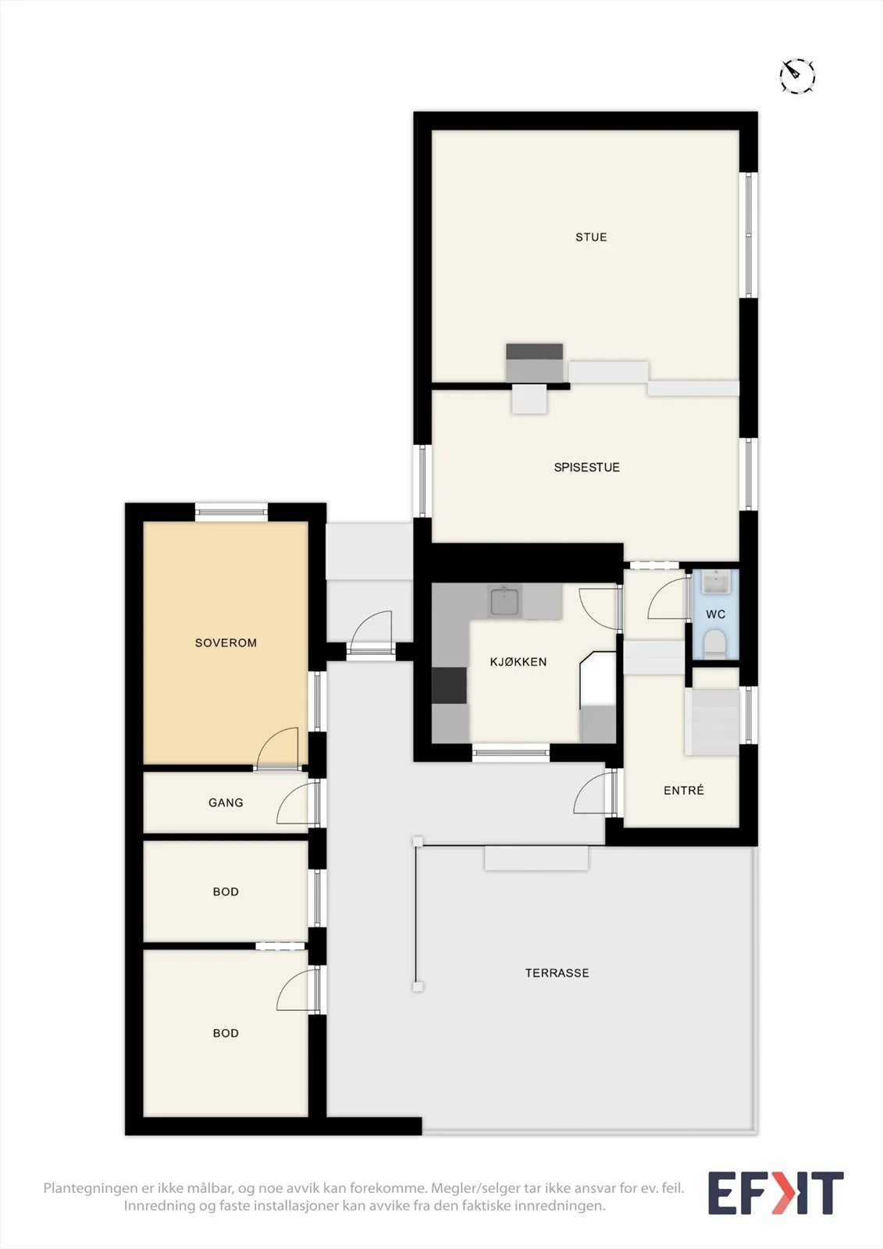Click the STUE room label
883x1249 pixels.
point(591,237)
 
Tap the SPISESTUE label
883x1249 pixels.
point(587,468)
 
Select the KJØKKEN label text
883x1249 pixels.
point(518,662)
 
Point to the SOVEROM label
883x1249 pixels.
point(226,643)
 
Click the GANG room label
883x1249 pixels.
point(226,803)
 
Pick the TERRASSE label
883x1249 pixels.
point(557,973)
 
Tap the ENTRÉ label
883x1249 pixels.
point(684,790)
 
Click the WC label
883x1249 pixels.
point(716,614)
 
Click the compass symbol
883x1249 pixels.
point(797,75)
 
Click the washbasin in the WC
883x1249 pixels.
point(716,582)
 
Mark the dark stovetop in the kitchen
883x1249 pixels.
point(449,685)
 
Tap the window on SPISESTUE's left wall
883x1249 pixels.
point(422,481)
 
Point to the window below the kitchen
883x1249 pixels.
point(511,753)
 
